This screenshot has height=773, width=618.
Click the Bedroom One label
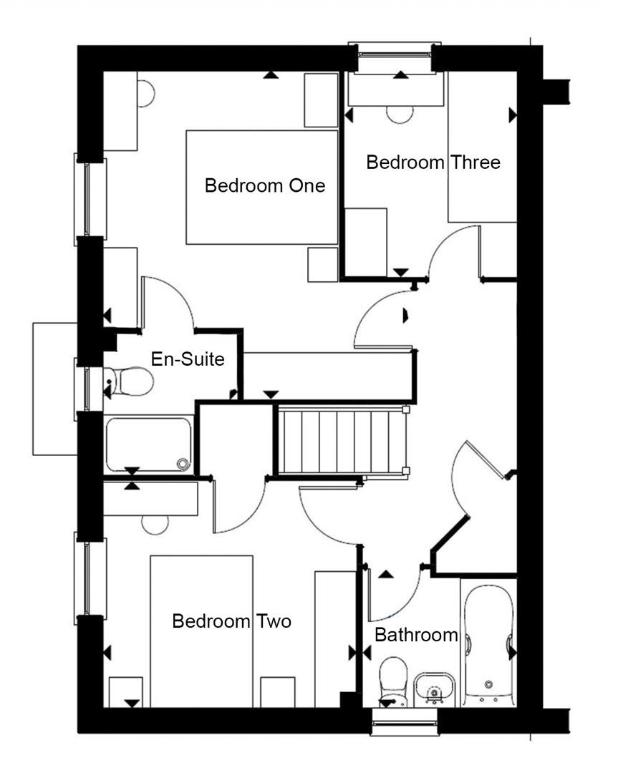click(264, 186)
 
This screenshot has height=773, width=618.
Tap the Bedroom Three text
click(433, 162)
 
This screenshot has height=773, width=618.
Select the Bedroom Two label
click(231, 621)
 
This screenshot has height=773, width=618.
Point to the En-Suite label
click(188, 359)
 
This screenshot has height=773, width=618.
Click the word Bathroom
click(416, 634)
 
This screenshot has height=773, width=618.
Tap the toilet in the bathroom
click(392, 680)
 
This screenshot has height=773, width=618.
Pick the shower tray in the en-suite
click(148, 444)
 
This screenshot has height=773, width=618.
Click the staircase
click(342, 440)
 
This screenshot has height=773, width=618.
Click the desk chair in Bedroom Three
click(399, 115)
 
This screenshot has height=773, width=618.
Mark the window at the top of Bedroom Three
click(393, 58)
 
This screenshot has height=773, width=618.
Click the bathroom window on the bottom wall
click(404, 721)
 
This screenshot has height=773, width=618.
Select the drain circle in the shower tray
click(183, 464)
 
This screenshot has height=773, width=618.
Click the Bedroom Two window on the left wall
click(90, 578)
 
